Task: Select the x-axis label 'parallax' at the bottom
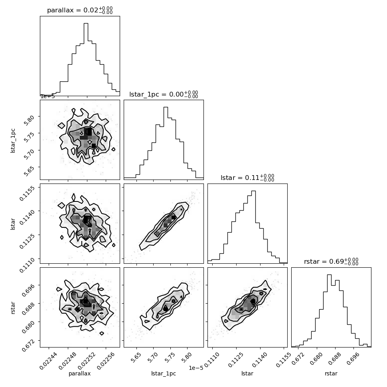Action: (x=79, y=373)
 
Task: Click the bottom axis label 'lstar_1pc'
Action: (x=164, y=373)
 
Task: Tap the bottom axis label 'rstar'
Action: (x=331, y=373)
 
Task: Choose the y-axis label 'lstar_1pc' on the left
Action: (x=13, y=141)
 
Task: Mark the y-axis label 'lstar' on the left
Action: (x=13, y=224)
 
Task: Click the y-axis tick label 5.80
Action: (x=29, y=120)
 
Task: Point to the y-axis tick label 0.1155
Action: (x=26, y=193)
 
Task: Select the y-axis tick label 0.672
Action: (x=28, y=345)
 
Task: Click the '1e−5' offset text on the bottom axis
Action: (x=196, y=368)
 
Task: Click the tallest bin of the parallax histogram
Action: (x=86, y=59)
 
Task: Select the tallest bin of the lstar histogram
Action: (x=253, y=227)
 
